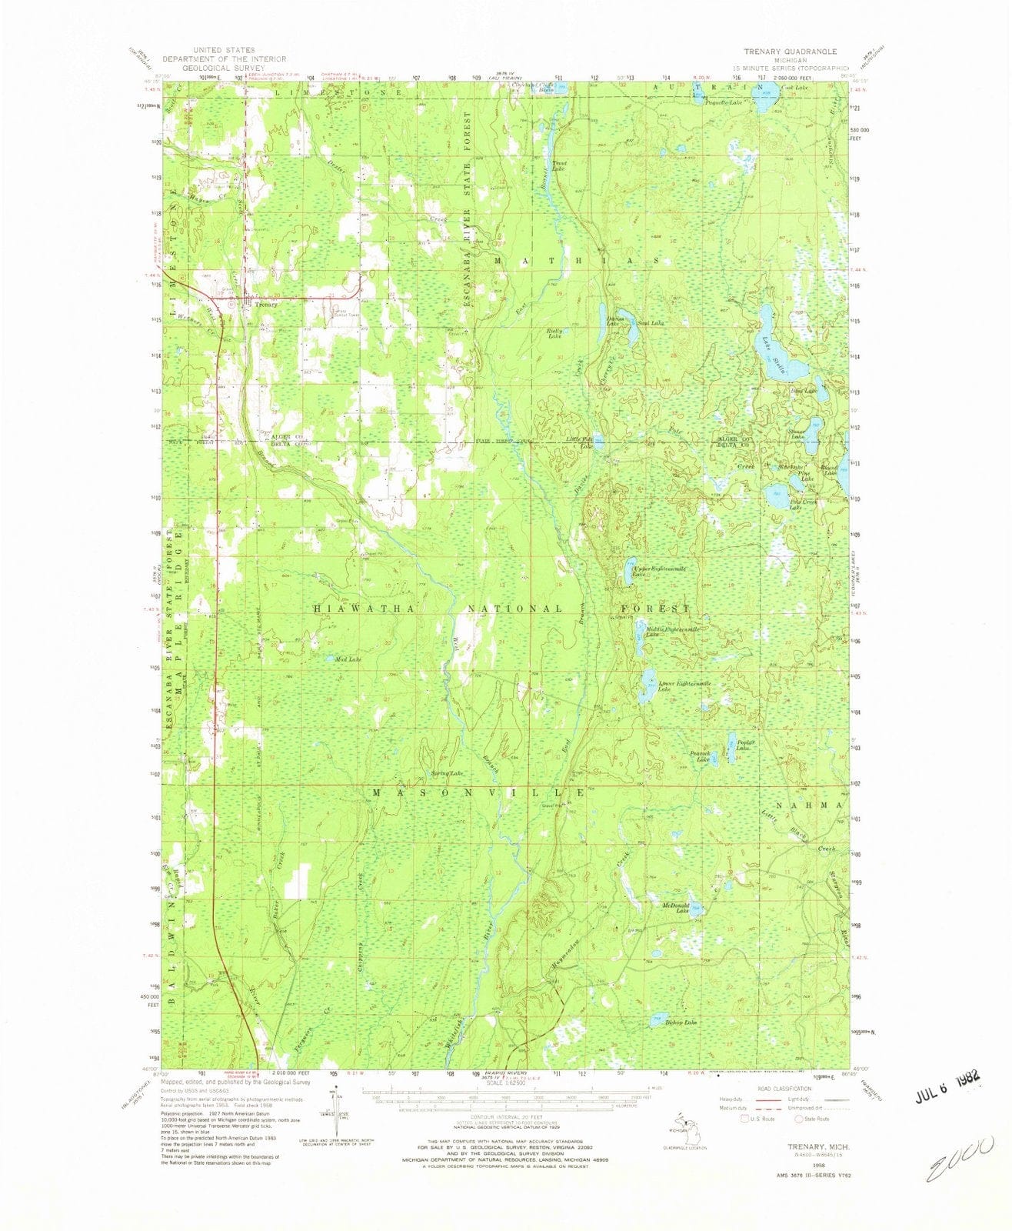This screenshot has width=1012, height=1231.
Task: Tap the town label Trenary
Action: click(x=265, y=305)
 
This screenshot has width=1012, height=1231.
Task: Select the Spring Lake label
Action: click(x=447, y=772)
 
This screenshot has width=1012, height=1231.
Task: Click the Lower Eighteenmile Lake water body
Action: click(x=647, y=685)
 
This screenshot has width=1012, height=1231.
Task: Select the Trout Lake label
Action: click(x=558, y=165)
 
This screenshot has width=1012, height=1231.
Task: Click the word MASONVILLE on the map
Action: click(x=476, y=792)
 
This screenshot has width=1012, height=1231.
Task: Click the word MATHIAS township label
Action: click(x=576, y=261)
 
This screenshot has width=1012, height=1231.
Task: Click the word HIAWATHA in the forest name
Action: click(x=365, y=609)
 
